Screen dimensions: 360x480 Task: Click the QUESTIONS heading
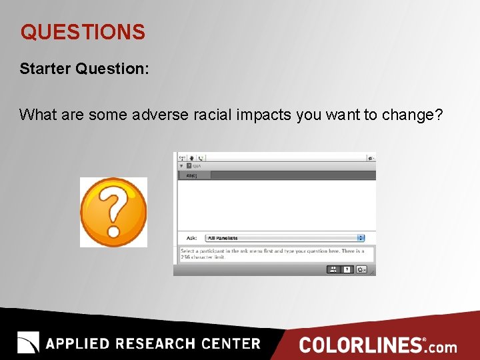(x=82, y=32)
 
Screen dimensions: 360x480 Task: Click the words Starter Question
(x=82, y=69)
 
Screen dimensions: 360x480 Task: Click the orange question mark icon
(x=113, y=212)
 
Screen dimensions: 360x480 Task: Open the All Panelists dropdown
(x=284, y=238)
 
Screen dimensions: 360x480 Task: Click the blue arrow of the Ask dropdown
(x=361, y=238)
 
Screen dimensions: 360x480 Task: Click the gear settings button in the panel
(x=361, y=269)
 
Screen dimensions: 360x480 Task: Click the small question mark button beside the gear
(x=347, y=269)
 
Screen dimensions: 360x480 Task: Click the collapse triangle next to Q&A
(x=181, y=166)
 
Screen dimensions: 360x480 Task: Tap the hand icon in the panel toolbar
(x=191, y=158)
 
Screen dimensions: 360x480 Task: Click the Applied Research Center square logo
(x=29, y=343)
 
